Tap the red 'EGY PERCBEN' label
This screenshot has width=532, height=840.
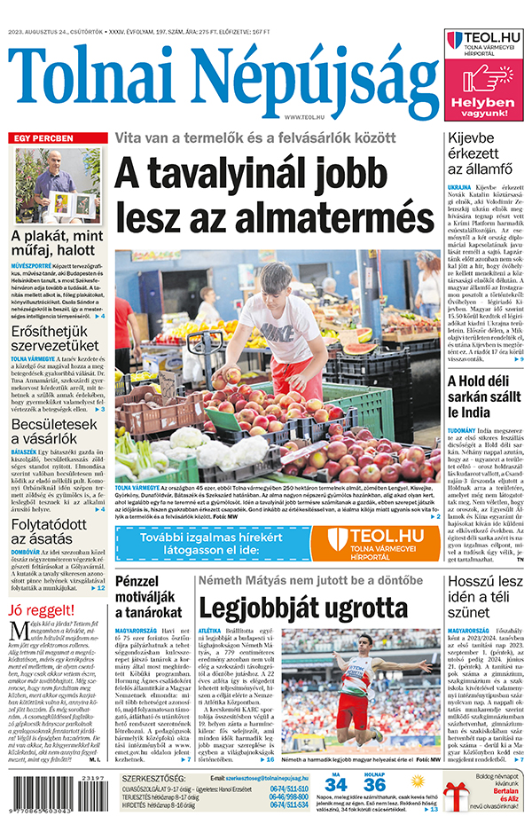(x=41, y=139)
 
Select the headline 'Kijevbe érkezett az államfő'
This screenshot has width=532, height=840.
(x=479, y=153)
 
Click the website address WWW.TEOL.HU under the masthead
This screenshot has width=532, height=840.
(x=302, y=116)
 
